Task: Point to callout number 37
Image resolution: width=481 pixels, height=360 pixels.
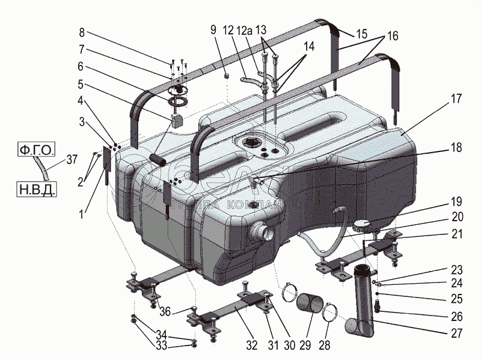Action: click(72, 160)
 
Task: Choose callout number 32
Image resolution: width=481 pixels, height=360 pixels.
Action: click(251, 345)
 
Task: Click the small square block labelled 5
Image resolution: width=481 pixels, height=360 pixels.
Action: click(177, 119)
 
